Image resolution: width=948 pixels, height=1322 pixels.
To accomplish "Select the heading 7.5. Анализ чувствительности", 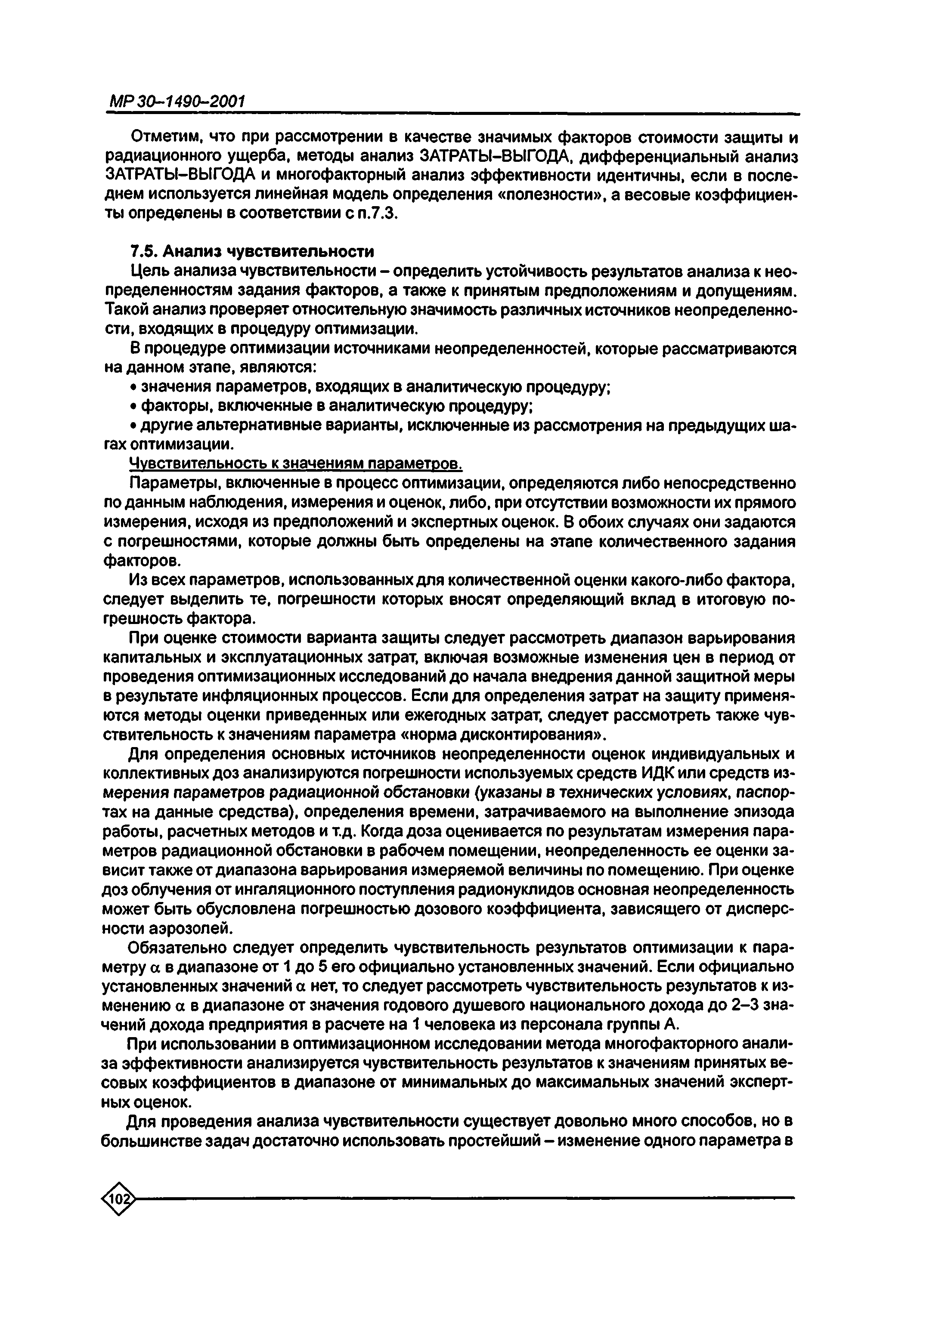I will (251, 251).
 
